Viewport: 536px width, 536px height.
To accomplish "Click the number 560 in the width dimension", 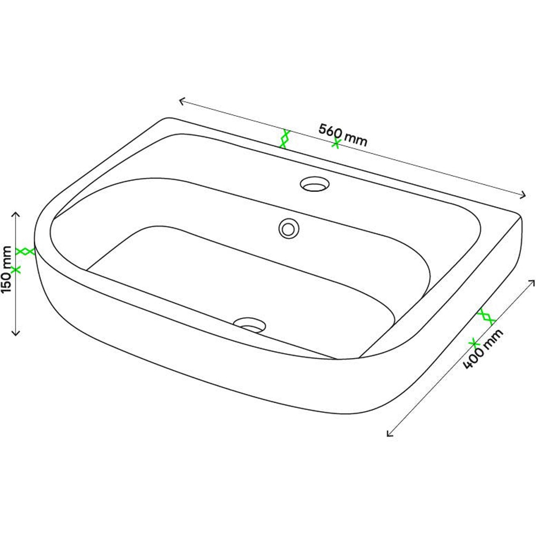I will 331,131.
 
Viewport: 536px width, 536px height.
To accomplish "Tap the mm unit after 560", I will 356,138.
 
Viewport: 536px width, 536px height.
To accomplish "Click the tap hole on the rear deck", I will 314,184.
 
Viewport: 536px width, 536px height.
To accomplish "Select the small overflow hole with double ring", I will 288,228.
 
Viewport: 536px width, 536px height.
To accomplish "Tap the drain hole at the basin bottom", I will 250,323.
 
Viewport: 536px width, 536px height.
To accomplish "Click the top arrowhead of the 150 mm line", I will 16,214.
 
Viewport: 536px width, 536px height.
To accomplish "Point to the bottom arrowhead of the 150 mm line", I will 16,333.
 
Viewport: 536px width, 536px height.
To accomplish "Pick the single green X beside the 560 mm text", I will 337,143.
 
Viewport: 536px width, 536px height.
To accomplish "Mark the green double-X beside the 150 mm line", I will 25,251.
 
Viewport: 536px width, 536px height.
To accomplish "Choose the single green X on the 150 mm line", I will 16,270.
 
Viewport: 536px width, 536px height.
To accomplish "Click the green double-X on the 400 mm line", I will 486,316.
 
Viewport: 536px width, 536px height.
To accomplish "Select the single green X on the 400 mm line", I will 473,342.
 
